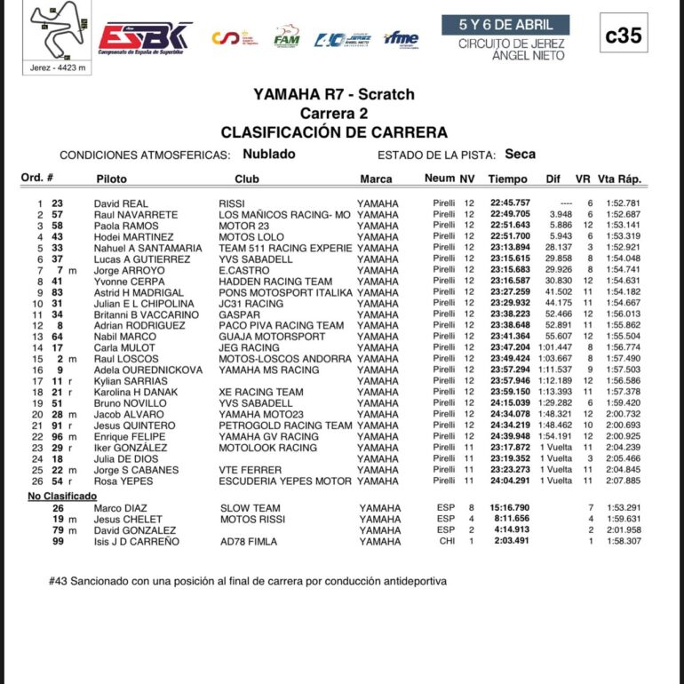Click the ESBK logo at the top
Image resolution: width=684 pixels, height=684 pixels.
[x=144, y=36]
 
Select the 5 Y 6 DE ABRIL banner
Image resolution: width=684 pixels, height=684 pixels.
[x=505, y=24]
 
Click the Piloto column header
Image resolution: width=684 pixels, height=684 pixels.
[x=111, y=179]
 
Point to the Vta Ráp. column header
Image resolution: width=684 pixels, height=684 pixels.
[x=618, y=179]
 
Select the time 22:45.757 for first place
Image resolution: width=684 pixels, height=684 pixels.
[x=509, y=203]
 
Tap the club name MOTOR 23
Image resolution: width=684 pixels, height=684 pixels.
[x=243, y=226]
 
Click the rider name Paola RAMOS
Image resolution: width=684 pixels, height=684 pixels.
[x=127, y=226]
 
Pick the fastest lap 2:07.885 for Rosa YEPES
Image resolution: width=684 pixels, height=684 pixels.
[x=622, y=481]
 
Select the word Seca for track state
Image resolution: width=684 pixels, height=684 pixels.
[x=520, y=154]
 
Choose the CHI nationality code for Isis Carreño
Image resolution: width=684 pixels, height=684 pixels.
[x=446, y=541]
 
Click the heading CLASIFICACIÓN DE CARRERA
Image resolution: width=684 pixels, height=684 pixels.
[x=333, y=132]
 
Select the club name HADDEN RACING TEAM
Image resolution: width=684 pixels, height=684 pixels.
[x=275, y=282]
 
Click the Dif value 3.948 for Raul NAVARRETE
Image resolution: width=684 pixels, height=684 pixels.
[x=560, y=215]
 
